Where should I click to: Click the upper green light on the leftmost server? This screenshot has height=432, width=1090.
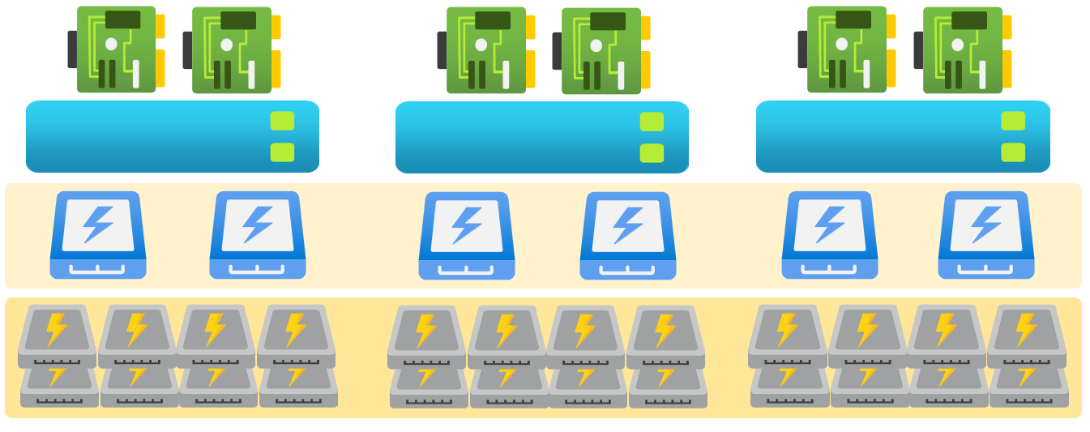pyautogui.click(x=282, y=121)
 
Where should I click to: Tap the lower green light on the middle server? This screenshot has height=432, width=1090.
pyautogui.click(x=652, y=153)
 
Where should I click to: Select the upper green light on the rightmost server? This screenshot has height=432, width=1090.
pyautogui.click(x=1013, y=121)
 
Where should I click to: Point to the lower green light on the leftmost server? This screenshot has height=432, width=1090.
pyautogui.click(x=282, y=152)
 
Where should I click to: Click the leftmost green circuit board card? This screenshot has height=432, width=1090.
pyautogui.click(x=116, y=49)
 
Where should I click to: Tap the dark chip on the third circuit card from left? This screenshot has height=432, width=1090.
pyautogui.click(x=493, y=20)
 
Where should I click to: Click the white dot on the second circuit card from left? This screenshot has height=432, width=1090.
pyautogui.click(x=227, y=45)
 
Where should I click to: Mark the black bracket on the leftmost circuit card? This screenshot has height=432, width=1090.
pyautogui.click(x=72, y=49)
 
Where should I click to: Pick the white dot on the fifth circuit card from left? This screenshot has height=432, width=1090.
pyautogui.click(x=842, y=44)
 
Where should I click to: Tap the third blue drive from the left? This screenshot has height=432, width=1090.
pyautogui.click(x=467, y=236)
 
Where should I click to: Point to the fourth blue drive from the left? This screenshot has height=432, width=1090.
pyautogui.click(x=628, y=236)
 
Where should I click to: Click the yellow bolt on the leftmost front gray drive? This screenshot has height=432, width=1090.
pyautogui.click(x=57, y=329)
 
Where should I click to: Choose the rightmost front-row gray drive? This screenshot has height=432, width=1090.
pyautogui.click(x=1026, y=337)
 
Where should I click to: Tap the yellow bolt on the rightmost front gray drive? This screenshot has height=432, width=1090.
pyautogui.click(x=1026, y=329)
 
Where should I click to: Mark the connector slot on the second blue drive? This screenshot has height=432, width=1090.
pyautogui.click(x=257, y=269)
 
